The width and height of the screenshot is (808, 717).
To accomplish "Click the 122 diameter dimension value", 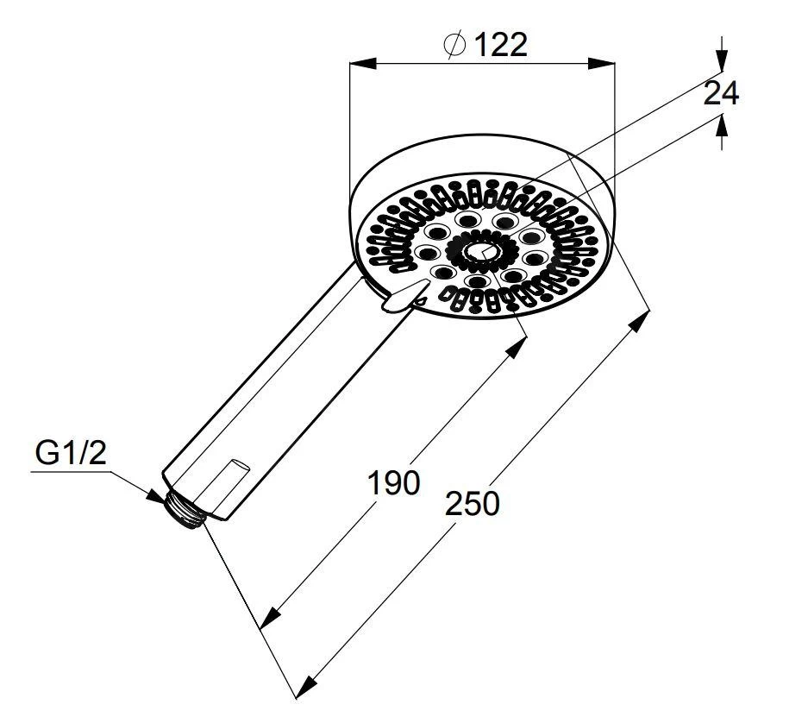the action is click(500, 45).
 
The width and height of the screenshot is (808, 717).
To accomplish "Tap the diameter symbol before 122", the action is click(454, 45).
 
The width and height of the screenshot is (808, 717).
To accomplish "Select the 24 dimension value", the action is click(721, 93).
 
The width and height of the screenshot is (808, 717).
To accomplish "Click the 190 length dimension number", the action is click(394, 483).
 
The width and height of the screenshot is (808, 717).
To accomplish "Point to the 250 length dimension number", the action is click(472, 503).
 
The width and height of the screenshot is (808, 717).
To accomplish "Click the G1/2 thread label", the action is click(71, 453).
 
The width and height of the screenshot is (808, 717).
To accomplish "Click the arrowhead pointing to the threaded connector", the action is click(155, 495).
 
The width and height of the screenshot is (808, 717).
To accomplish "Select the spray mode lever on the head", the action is click(404, 295).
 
